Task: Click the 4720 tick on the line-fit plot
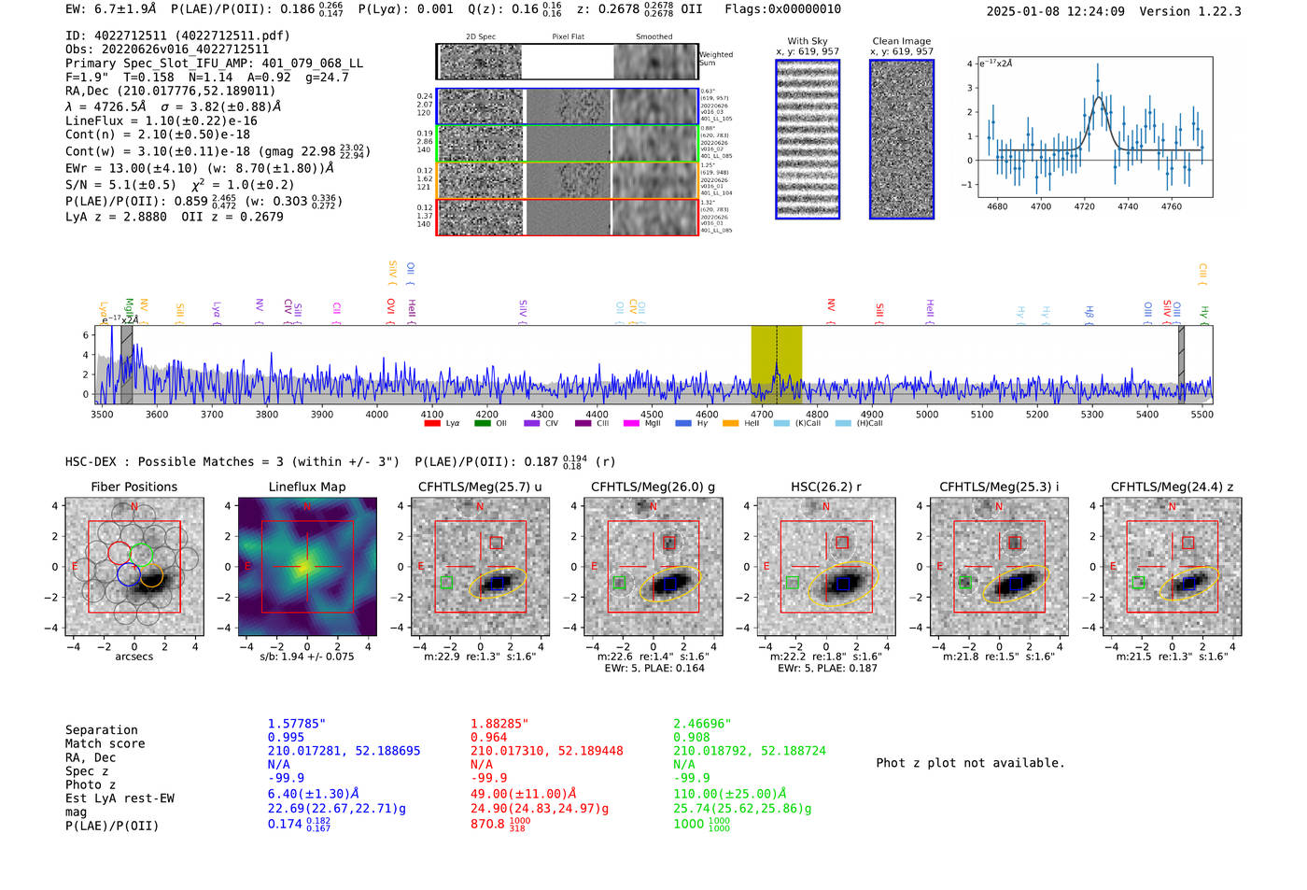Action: tap(1084, 206)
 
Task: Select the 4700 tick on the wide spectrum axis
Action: tap(762, 414)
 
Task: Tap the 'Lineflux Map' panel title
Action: tap(306, 487)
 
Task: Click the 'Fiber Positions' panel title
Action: tap(134, 487)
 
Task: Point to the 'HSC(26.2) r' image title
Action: tap(825, 487)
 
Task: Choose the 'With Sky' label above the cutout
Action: tap(807, 41)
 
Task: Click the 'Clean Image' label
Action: tap(901, 41)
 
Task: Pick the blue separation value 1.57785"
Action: tap(296, 724)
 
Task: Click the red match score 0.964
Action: tap(488, 738)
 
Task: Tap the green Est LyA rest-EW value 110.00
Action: tap(730, 794)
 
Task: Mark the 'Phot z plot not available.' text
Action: tap(970, 763)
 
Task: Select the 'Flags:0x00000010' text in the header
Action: tap(782, 9)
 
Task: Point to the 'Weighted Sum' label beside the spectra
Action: tap(715, 59)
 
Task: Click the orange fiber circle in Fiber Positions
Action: tap(150, 575)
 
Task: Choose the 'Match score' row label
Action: tap(105, 744)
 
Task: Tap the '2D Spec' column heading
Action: tap(480, 37)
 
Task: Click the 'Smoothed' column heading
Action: tap(653, 37)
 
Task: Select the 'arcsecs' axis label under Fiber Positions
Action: tap(134, 657)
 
